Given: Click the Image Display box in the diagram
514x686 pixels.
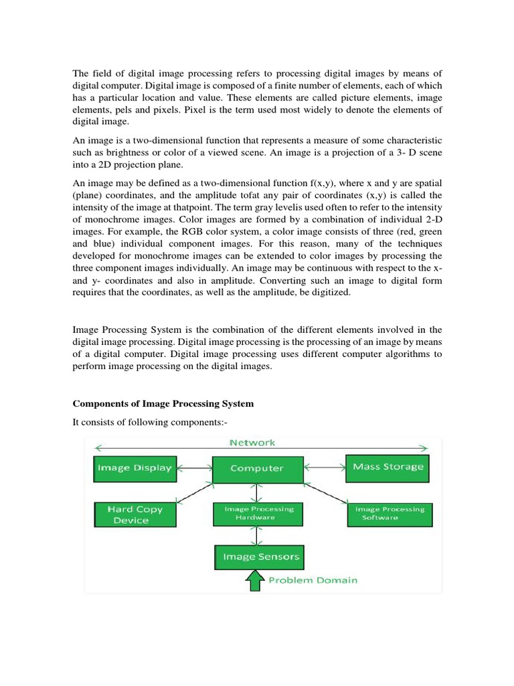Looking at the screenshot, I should (x=134, y=468).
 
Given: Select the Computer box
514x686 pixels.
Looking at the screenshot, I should (x=257, y=468).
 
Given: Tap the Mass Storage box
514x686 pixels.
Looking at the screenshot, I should (x=388, y=467).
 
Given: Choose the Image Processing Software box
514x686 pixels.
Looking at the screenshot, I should (x=389, y=513).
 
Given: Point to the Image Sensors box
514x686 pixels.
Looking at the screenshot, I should (x=257, y=557).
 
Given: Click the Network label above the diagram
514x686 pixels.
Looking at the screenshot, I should (x=252, y=443).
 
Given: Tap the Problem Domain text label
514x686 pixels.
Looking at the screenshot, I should (x=313, y=580).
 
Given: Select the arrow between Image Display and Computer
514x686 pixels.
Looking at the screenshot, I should (x=194, y=468).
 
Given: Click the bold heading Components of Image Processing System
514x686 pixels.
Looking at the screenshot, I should (x=163, y=404).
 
